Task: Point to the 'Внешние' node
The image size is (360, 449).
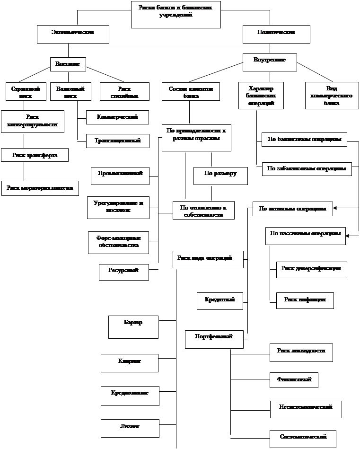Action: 68,64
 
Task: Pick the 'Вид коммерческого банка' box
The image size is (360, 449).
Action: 332,96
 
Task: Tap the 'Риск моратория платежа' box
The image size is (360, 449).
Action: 40,188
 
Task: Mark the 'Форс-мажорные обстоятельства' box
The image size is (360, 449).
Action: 118,242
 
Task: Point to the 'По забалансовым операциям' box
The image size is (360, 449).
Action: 307,168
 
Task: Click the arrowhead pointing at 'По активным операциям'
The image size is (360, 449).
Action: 336,208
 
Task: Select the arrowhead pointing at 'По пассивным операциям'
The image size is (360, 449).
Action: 350,234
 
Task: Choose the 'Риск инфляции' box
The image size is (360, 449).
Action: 305,300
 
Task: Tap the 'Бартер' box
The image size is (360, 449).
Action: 133,327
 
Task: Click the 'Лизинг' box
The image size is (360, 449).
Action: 129,428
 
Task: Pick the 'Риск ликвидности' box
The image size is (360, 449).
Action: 301,352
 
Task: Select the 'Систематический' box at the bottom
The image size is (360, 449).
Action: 303,438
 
